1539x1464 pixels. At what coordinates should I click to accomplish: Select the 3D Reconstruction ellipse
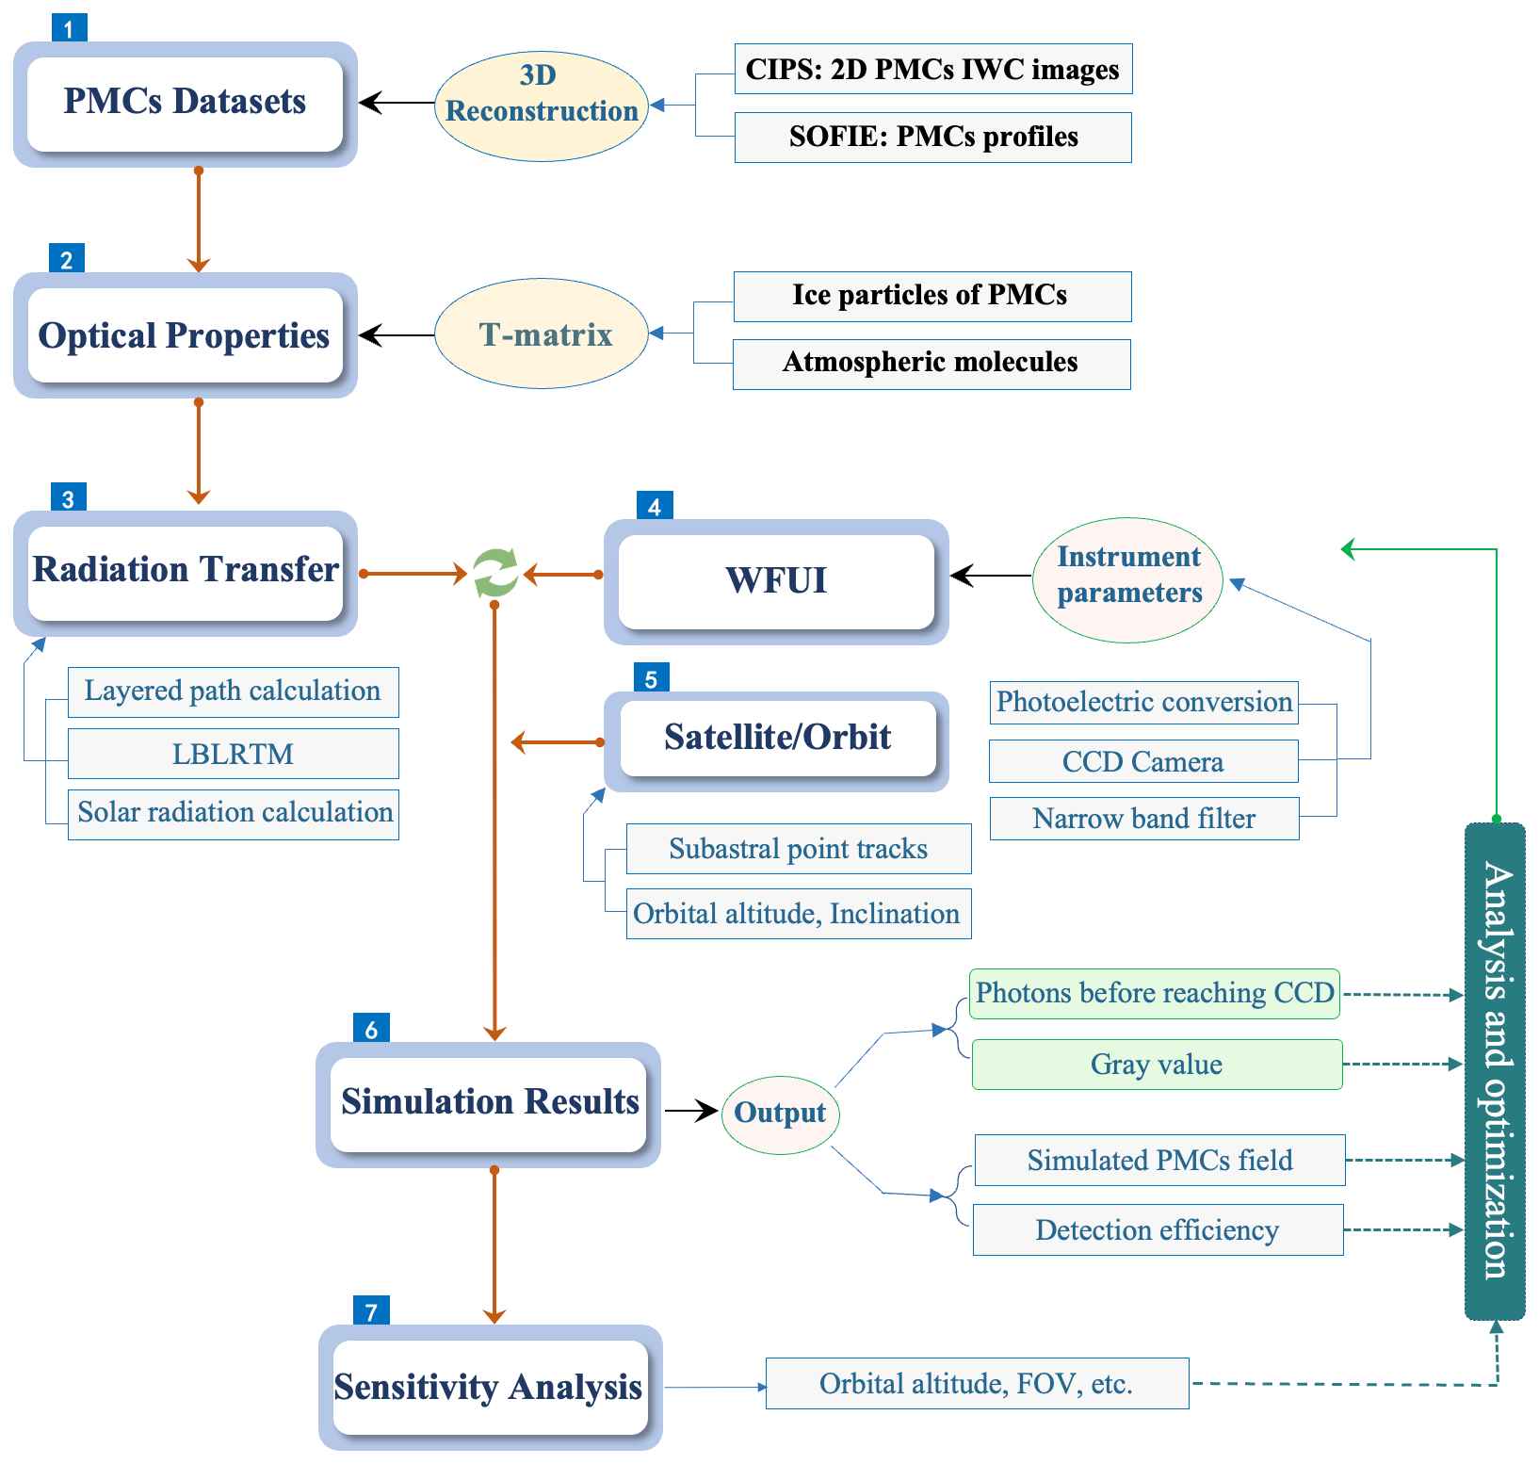click(542, 106)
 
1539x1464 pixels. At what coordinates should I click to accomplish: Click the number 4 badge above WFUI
click(655, 506)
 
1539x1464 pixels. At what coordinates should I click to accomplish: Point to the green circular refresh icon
click(495, 573)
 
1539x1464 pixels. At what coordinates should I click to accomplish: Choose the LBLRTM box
click(233, 754)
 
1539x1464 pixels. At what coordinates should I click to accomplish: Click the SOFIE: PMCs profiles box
click(932, 138)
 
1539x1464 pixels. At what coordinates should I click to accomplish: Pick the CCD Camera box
click(1143, 761)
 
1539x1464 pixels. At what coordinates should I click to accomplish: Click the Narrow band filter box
click(1143, 819)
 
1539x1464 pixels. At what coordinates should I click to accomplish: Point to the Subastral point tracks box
click(798, 849)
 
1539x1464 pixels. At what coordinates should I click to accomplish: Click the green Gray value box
click(1157, 1065)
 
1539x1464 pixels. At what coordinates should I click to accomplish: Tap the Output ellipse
click(780, 1114)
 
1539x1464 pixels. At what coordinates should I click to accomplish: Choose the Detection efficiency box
click(1158, 1230)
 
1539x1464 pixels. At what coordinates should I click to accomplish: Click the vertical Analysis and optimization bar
click(1495, 1071)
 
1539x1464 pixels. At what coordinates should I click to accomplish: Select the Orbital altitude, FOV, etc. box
click(977, 1384)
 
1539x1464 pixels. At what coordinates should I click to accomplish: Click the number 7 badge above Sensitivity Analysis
click(371, 1310)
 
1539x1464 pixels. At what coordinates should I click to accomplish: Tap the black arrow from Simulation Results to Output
click(691, 1112)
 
